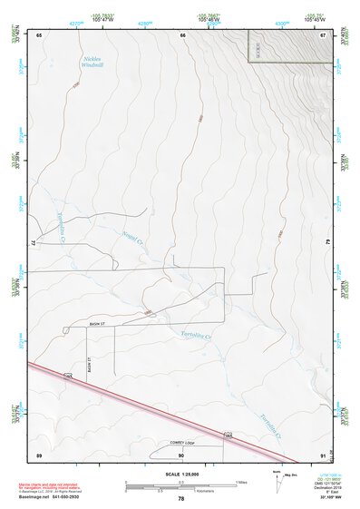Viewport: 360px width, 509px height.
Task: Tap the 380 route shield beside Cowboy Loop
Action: click(229, 436)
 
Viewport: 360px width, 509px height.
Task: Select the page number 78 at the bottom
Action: click(181, 499)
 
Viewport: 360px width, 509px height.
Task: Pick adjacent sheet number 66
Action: click(182, 34)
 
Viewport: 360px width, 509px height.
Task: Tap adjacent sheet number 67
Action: click(323, 34)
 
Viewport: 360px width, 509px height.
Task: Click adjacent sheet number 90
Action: click(181, 455)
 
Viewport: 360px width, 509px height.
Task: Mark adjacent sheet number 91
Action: click(324, 455)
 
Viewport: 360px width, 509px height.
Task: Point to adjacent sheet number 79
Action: click(327, 243)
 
